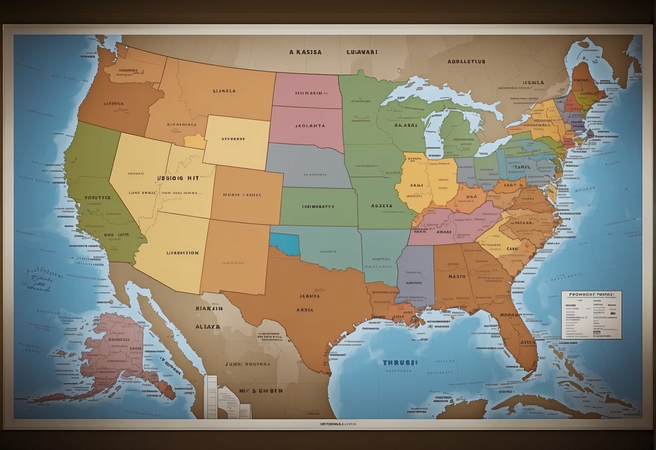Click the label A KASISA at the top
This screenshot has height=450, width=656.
(x=305, y=52)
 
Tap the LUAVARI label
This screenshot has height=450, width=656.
(x=361, y=52)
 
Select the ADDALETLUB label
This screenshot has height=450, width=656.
(x=466, y=62)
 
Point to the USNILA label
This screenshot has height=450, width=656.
(x=533, y=83)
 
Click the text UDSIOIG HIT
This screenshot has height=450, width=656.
(x=178, y=177)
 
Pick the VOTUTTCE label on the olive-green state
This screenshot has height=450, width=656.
(x=97, y=198)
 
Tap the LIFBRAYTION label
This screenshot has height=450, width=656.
(x=182, y=253)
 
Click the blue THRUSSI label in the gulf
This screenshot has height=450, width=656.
(x=400, y=363)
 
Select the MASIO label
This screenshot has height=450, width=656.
(x=457, y=276)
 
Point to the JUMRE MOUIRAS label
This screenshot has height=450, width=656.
(x=247, y=364)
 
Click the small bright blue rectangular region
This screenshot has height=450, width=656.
(x=284, y=243)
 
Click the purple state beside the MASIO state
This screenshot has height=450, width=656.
(x=416, y=276)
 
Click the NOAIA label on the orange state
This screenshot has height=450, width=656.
(x=242, y=195)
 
